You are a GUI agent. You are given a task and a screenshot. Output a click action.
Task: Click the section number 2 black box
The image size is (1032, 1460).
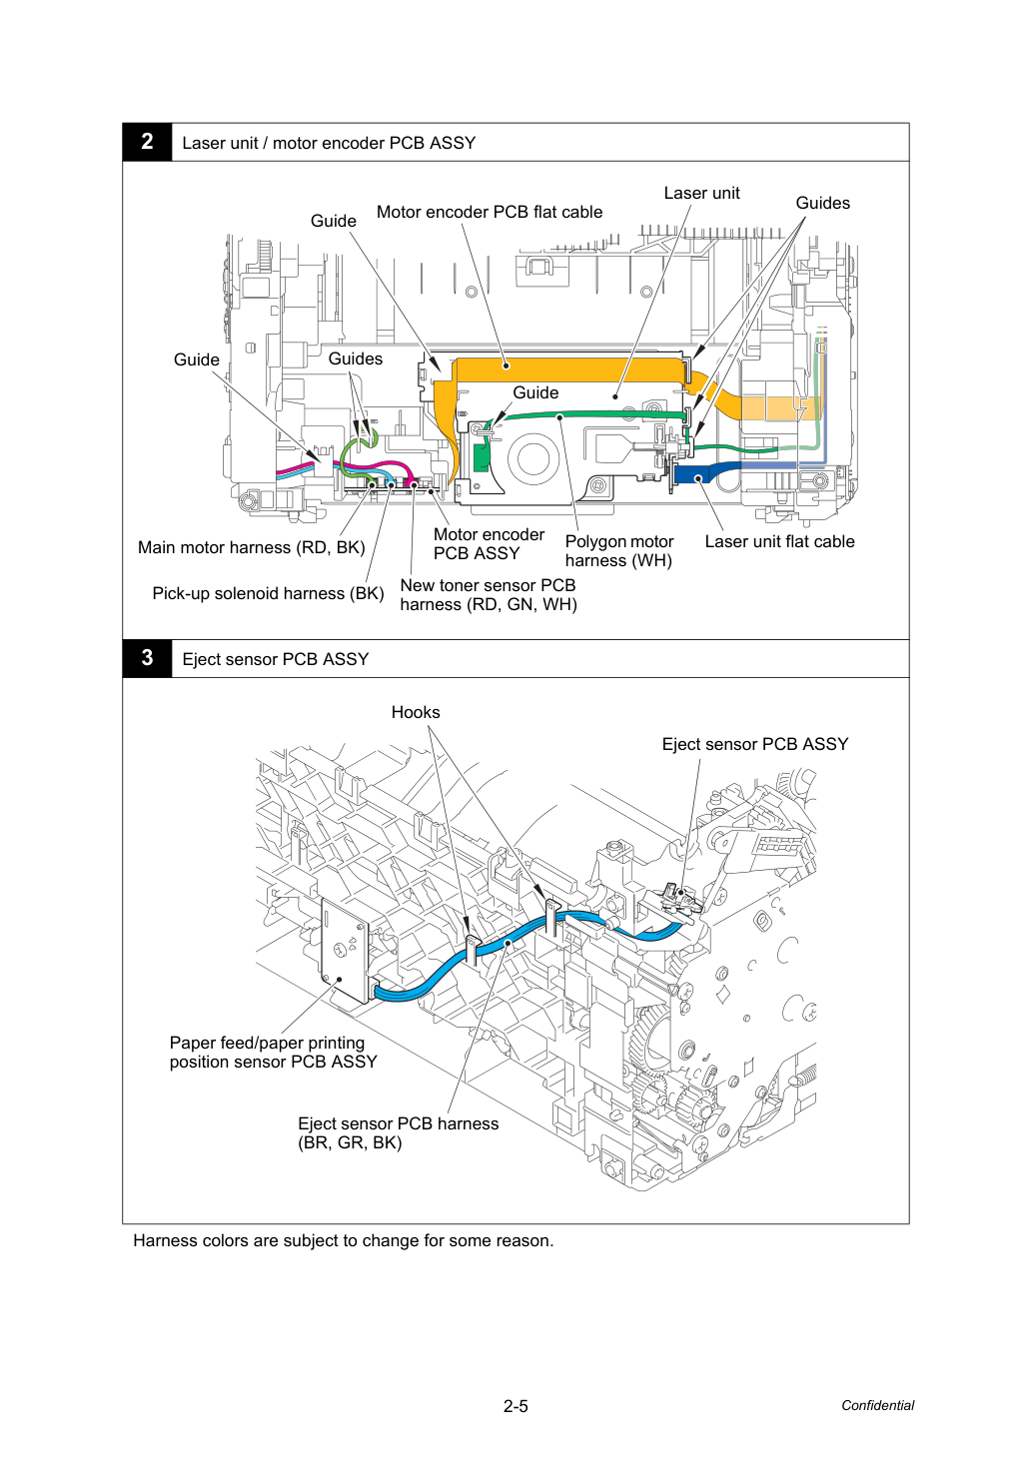coord(147,142)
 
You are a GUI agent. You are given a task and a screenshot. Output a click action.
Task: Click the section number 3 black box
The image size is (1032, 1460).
coord(147,658)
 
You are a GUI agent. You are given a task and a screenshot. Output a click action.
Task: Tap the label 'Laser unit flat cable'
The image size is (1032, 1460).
coord(779,541)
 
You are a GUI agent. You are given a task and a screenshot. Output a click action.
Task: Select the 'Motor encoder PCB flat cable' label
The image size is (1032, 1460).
coord(489,212)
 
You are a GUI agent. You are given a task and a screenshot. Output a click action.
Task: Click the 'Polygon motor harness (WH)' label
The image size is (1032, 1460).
coord(618,551)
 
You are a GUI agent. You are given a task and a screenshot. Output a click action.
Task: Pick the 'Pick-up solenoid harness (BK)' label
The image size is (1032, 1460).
coord(268,593)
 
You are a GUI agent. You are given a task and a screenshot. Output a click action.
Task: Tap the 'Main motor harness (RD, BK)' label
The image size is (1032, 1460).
coord(251,547)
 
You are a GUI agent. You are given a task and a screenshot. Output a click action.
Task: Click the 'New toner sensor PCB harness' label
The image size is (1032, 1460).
coord(489,594)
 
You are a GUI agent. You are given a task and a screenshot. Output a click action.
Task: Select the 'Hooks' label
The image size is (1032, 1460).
coord(416,712)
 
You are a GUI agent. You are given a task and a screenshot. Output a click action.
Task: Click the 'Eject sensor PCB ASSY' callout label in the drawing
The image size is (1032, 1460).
coord(755,744)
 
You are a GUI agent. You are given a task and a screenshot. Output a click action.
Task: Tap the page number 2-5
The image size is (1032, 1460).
coord(516,1406)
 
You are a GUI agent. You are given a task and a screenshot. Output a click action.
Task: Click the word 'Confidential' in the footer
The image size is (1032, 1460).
coord(877,1405)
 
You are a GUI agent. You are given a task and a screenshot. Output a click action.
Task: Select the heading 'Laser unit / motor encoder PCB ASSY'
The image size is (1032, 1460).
coord(329,143)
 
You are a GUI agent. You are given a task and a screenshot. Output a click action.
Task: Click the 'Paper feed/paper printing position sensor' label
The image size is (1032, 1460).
coord(273,1052)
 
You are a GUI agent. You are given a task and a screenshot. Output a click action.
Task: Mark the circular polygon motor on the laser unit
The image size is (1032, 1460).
coord(533,458)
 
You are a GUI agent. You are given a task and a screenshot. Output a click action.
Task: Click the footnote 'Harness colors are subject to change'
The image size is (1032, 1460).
coord(343,1240)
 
